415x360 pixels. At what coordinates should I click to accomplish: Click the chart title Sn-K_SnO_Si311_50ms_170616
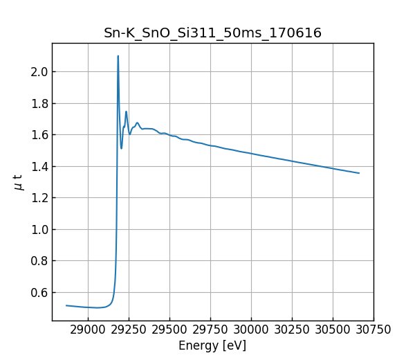[x=212, y=33]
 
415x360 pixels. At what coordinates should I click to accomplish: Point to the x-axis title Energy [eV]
[x=212, y=345]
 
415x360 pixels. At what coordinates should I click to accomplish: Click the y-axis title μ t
[x=18, y=182]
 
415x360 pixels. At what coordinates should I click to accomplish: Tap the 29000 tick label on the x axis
[x=88, y=330]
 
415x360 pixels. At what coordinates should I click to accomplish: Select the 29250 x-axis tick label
[x=129, y=330]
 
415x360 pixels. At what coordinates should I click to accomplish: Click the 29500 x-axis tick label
[x=169, y=330]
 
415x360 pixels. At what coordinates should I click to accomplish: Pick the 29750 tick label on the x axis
[x=210, y=330]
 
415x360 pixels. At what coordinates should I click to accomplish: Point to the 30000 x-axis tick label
[x=251, y=330]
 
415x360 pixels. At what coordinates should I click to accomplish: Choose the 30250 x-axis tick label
[x=292, y=330]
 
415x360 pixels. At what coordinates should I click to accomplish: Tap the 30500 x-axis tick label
[x=333, y=330]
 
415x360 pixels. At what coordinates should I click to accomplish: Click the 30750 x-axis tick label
[x=373, y=330]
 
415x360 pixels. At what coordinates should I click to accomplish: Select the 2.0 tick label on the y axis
[x=39, y=72]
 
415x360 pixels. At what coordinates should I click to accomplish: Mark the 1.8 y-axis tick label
[x=39, y=103]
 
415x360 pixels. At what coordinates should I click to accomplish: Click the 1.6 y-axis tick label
[x=39, y=135]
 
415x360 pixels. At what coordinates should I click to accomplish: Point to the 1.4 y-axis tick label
[x=39, y=166]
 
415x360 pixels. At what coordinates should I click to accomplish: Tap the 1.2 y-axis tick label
[x=39, y=198]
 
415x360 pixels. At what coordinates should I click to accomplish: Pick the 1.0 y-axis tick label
[x=39, y=229]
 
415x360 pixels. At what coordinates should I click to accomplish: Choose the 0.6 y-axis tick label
[x=39, y=292]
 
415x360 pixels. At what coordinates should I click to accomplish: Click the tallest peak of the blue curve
[x=118, y=56]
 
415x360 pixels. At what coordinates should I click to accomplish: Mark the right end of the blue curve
[x=359, y=173]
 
